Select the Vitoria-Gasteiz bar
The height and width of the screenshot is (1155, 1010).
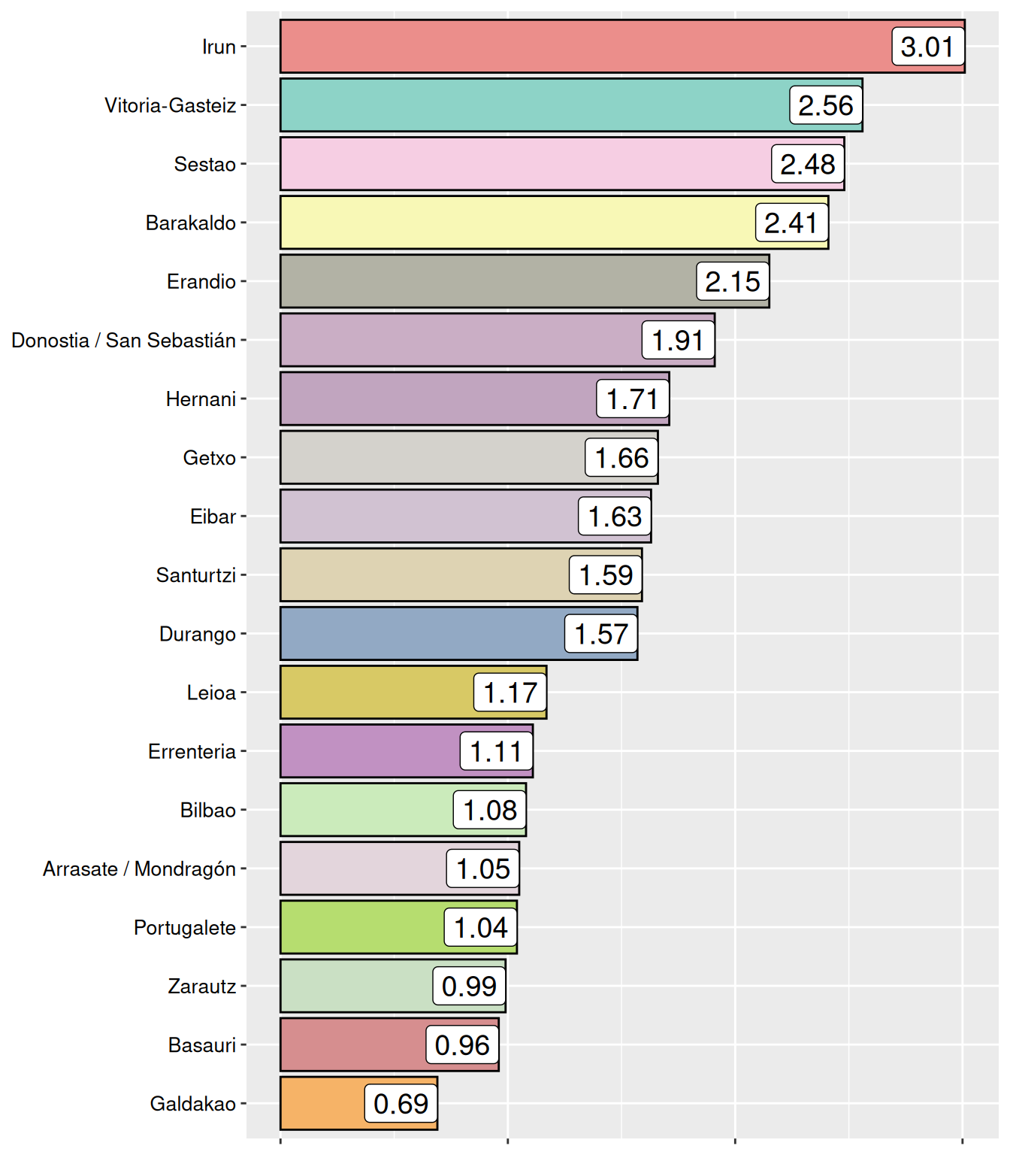[x=534, y=105]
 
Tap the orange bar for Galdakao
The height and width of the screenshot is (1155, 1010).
[x=323, y=1103]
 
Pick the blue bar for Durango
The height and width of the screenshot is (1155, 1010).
[x=421, y=634]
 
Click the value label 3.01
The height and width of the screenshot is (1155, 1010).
[x=927, y=47]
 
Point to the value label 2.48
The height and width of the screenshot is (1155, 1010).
[x=807, y=164]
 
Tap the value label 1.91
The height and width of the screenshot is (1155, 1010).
[x=678, y=340]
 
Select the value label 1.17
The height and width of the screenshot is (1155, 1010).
[x=510, y=693]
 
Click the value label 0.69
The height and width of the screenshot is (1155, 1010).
[x=401, y=1103]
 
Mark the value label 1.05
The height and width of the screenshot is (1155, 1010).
[x=482, y=869]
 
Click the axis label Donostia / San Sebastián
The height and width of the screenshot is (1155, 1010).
[x=124, y=340]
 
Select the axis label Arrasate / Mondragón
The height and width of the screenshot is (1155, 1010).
[x=140, y=869]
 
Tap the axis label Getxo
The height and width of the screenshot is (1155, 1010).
[x=210, y=457]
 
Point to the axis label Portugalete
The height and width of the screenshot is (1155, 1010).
[x=185, y=927]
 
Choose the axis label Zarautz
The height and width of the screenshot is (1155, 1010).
[x=202, y=986]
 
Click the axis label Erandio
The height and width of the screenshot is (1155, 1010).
[x=201, y=281]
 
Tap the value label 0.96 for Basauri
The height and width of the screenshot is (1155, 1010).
[x=461, y=1044]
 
